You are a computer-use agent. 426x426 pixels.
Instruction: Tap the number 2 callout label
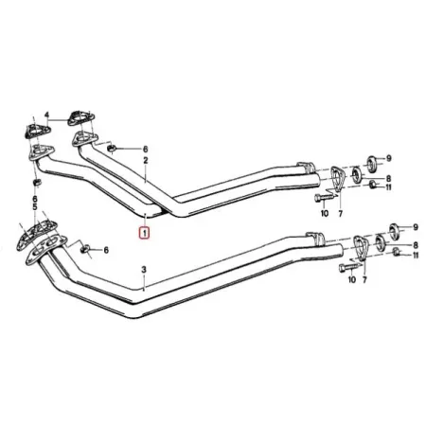click(146, 162)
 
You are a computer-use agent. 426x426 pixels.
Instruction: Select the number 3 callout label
click(143, 271)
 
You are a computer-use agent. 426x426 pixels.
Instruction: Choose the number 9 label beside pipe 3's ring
click(415, 227)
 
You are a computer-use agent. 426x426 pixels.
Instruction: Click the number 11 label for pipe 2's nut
click(415, 188)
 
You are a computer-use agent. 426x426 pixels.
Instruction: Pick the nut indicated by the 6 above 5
click(36, 181)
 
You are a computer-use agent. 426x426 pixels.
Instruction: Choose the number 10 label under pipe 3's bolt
click(350, 281)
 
